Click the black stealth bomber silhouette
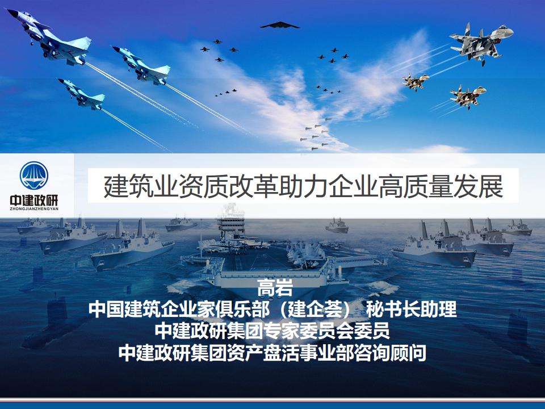pyautogui.click(x=279, y=25)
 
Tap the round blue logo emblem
pyautogui.click(x=34, y=176)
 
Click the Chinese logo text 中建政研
pyautogui.click(x=34, y=201)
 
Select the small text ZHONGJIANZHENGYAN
pyautogui.click(x=34, y=209)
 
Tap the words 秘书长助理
pyautogui.click(x=411, y=309)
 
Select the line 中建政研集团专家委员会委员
pyautogui.click(x=272, y=330)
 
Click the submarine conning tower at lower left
pyautogui.click(x=57, y=310)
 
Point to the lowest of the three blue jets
pyautogui.click(x=81, y=93)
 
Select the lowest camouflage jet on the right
pyautogui.click(x=468, y=95)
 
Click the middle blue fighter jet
pyautogui.click(x=141, y=65)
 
